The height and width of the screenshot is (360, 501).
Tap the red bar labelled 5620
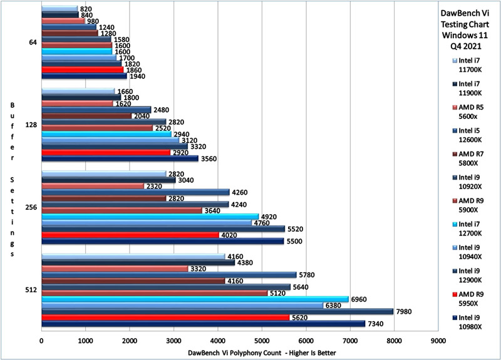tap(165, 317)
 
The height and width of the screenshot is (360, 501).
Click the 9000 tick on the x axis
tap(438, 341)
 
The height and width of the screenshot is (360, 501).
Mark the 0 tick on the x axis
tap(41, 341)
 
